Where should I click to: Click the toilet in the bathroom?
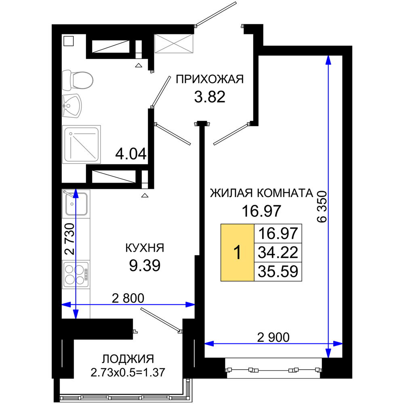77,80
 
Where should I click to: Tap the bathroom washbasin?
72,106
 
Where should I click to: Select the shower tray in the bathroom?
82,144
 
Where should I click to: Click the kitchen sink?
76,204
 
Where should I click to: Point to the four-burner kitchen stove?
76,274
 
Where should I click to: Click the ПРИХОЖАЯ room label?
209,79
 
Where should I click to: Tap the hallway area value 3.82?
209,97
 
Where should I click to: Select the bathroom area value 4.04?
130,154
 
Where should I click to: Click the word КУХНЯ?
145,248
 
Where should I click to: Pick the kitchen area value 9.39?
145,266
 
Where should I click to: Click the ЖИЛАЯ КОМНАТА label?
261,193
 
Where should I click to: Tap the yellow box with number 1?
237,252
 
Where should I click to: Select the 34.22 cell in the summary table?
278,252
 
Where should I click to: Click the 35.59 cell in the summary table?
278,271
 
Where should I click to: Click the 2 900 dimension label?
273,337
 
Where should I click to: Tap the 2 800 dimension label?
128,299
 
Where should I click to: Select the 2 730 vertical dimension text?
69,239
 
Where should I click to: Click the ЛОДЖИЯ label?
128,359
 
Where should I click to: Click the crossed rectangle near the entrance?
174,44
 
